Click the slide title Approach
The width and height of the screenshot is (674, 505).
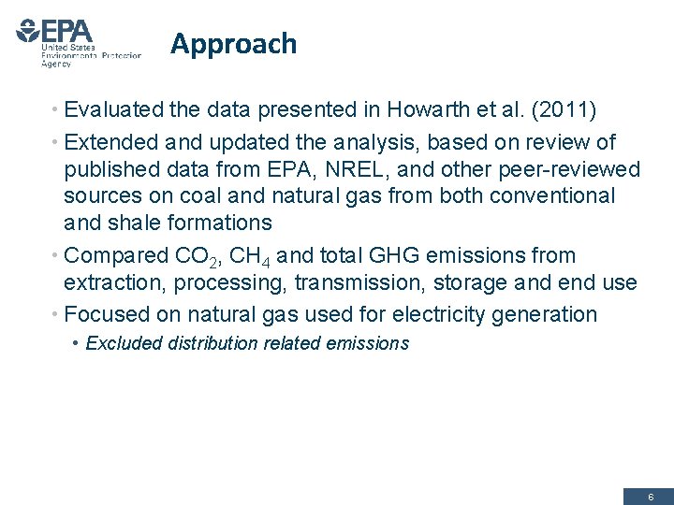pyautogui.click(x=233, y=44)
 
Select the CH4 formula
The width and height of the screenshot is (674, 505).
pyautogui.click(x=254, y=256)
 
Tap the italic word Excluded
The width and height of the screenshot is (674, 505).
pyautogui.click(x=125, y=343)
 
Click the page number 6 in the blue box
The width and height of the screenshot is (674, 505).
pyautogui.click(x=651, y=497)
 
